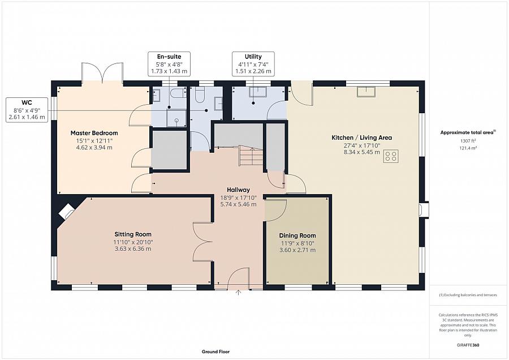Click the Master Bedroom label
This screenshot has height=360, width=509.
tap(94, 133)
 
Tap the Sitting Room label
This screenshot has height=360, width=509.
tap(133, 234)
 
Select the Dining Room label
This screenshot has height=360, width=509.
tap(297, 235)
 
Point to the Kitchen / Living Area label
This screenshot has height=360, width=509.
tap(361, 138)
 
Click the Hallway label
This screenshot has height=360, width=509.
tap(238, 190)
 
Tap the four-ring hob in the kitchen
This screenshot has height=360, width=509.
tap(391, 156)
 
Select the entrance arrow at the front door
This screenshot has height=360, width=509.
tap(238, 293)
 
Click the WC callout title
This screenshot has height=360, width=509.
tap(27, 102)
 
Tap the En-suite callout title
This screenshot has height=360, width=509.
tap(169, 57)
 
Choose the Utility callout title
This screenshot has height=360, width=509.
tap(253, 57)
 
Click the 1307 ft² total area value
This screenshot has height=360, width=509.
tap(468, 141)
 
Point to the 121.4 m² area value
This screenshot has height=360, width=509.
tap(468, 148)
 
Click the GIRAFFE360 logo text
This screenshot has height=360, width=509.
tap(468, 345)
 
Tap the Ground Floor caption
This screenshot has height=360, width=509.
tap(215, 352)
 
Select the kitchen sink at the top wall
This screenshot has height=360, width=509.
tap(366, 92)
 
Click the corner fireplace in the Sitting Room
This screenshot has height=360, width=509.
tap(67, 211)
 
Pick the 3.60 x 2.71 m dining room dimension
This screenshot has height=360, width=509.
tap(297, 250)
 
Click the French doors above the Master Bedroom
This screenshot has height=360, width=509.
tap(102, 72)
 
